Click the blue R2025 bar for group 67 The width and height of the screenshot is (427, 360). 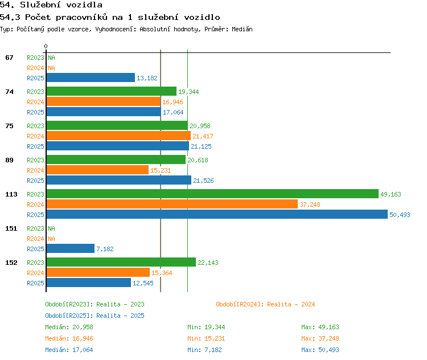coord(91,77)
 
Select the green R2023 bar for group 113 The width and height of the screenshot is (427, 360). coord(212,194)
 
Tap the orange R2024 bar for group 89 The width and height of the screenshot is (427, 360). coord(97,170)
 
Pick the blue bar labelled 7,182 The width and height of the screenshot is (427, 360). coord(71,248)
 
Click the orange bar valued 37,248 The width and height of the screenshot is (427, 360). coord(172,204)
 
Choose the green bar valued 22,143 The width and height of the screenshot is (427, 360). coord(121,262)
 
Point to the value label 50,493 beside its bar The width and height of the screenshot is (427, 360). coord(400,215)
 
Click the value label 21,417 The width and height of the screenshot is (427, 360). coord(203,136)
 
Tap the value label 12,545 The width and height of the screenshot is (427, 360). coord(143,283)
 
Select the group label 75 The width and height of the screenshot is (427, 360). coord(9,126)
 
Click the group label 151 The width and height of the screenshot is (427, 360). coord(11,228)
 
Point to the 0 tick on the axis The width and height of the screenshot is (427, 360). coord(46,46)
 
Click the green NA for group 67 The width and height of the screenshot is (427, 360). coord(51,58)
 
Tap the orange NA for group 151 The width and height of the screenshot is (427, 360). coord(51,239)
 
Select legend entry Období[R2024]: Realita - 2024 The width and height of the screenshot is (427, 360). coord(265,304)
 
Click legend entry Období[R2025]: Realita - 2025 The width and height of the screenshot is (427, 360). coord(95,316)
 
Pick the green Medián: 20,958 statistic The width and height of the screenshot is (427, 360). coord(69,327)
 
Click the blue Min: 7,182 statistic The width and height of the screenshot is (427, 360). coord(204,350)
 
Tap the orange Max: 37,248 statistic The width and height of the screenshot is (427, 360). coord(320,338)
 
